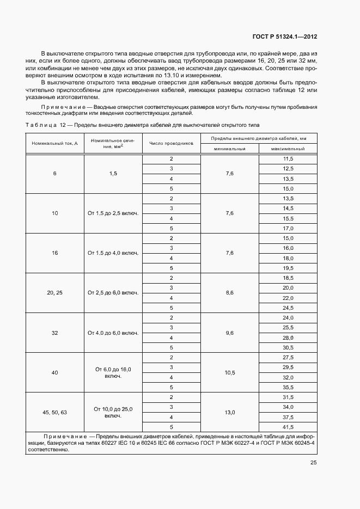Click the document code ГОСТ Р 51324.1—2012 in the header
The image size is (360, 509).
click(x=285, y=36)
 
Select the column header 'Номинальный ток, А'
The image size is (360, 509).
click(x=55, y=143)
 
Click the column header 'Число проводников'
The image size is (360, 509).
click(x=172, y=143)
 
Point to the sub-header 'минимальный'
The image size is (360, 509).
click(x=229, y=149)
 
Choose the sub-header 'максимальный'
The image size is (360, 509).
click(x=288, y=149)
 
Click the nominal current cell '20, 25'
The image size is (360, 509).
click(x=55, y=293)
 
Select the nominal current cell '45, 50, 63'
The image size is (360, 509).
click(x=55, y=412)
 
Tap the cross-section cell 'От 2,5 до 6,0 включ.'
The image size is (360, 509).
click(x=113, y=293)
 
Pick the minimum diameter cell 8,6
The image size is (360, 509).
click(x=229, y=293)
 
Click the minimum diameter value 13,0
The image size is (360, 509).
click(x=229, y=412)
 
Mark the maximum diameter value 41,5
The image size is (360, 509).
click(x=288, y=427)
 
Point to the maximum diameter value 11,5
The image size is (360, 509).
click(x=288, y=158)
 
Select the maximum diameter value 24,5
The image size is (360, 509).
click(x=288, y=308)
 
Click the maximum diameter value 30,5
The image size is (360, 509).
click(x=288, y=347)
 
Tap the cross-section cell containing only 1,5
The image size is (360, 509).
click(x=113, y=173)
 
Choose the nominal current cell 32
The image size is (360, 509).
click(x=55, y=333)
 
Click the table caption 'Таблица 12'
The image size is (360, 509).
click(x=45, y=125)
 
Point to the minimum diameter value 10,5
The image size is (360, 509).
click(x=229, y=372)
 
